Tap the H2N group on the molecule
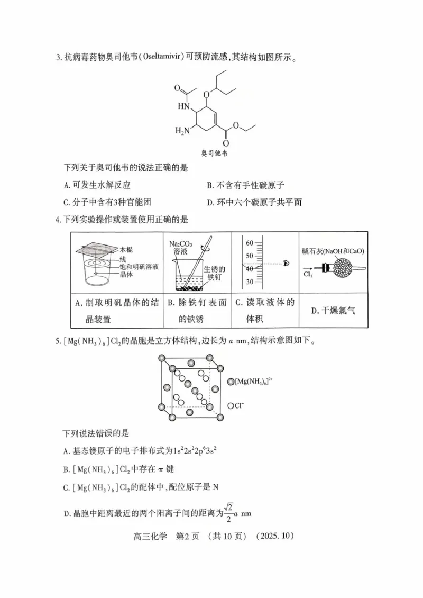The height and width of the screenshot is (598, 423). [x=183, y=131]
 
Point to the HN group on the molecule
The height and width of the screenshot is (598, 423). [x=183, y=106]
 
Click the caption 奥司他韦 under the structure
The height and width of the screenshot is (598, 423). [x=214, y=153]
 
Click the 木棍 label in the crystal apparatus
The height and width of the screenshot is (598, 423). [x=126, y=249]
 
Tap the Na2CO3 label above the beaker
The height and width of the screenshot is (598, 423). [x=181, y=244]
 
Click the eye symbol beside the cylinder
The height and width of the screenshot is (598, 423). [x=287, y=262]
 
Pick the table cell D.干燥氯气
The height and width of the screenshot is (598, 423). [x=333, y=311]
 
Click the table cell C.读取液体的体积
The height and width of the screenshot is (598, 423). [x=264, y=311]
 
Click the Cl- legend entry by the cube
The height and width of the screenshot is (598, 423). [x=238, y=406]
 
